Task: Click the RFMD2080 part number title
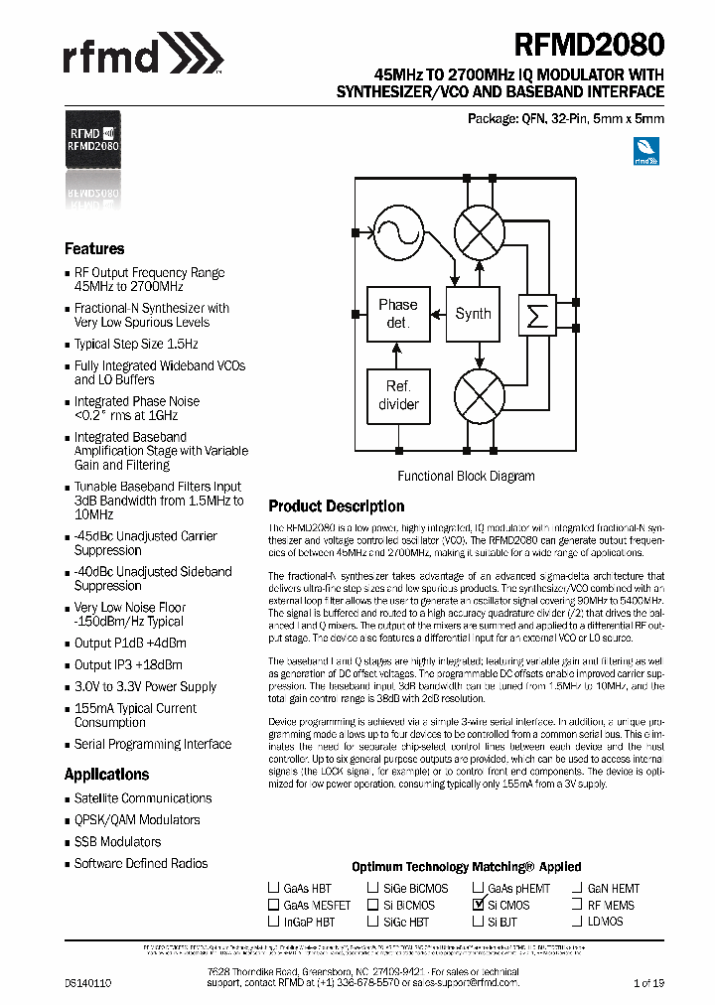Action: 589,45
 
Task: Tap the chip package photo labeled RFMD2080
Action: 93,139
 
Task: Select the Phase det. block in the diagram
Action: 398,313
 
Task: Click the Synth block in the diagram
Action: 473,314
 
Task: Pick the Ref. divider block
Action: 398,395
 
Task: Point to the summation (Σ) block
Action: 538,315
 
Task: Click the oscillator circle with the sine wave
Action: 397,232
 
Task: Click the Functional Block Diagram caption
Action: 466,477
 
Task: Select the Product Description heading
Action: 337,506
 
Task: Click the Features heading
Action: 94,249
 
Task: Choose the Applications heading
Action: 106,775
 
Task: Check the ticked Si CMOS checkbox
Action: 478,905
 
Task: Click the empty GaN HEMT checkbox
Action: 577,888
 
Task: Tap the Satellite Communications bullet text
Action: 143,798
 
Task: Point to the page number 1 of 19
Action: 648,983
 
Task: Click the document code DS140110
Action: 88,983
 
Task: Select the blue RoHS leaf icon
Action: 646,151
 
